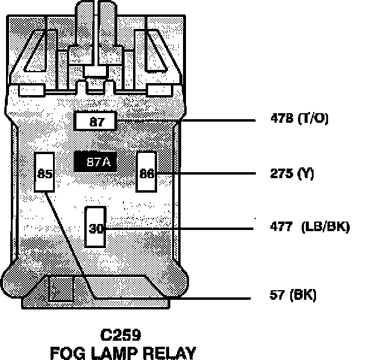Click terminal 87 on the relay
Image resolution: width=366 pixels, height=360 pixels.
96,122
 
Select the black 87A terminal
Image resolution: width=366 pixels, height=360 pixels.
96,163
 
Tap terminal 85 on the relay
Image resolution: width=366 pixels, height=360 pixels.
45,173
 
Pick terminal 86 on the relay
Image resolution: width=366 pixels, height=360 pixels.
146,173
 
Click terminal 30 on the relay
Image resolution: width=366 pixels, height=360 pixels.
96,228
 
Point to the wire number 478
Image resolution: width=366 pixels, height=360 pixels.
282,119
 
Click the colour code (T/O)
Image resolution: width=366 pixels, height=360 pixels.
314,119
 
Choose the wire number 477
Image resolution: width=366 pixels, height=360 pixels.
282,228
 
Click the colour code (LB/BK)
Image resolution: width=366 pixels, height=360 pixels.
327,228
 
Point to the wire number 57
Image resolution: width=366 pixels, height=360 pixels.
278,295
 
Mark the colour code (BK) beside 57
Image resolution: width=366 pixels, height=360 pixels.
303,295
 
